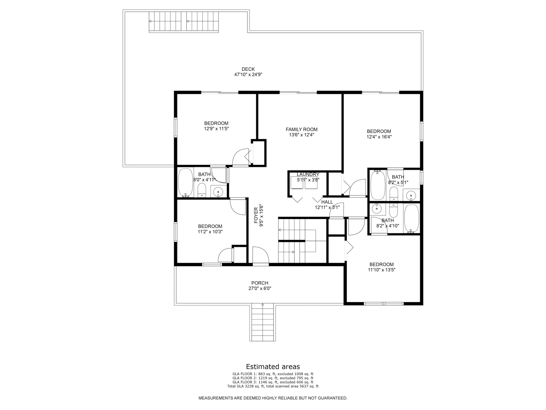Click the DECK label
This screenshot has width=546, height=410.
click(x=248, y=69)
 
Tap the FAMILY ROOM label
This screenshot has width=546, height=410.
click(x=301, y=129)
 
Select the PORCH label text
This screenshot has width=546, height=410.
click(x=260, y=283)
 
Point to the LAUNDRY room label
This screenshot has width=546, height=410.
click(x=308, y=174)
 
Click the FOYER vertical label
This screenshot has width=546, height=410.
click(x=256, y=216)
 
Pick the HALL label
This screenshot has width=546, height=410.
click(x=327, y=202)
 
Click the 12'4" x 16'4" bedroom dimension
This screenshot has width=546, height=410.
click(x=379, y=137)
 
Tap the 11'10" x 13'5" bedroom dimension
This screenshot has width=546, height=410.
click(x=382, y=270)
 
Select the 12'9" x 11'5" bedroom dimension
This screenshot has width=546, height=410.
click(x=216, y=129)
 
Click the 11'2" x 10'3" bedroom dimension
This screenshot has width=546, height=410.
click(x=210, y=232)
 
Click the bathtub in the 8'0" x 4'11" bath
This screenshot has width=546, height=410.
click(x=186, y=182)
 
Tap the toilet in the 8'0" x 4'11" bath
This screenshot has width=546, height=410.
click(x=202, y=190)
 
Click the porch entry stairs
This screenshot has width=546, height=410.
click(x=263, y=322)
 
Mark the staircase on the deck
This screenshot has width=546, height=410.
click(x=184, y=22)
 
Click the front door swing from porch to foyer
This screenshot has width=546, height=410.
click(x=261, y=255)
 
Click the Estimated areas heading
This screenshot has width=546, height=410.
click(x=273, y=367)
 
